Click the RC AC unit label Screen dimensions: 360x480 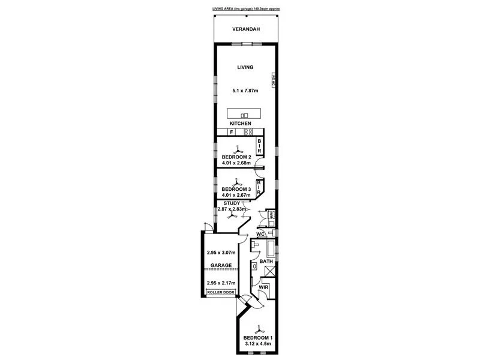(x=273, y=81)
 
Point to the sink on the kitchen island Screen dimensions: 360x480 (x=244, y=115)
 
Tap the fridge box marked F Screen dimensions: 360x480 (x=231, y=132)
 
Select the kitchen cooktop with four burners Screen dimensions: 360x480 (x=247, y=132)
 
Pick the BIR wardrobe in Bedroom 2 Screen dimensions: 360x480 (x=260, y=146)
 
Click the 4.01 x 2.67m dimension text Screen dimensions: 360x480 (x=236, y=194)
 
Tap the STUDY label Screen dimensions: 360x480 (x=232, y=203)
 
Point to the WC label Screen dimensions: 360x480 (x=261, y=235)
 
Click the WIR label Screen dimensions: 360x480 (x=263, y=289)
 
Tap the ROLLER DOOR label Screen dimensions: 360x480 (x=221, y=293)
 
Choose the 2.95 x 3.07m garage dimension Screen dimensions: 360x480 (x=220, y=253)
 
